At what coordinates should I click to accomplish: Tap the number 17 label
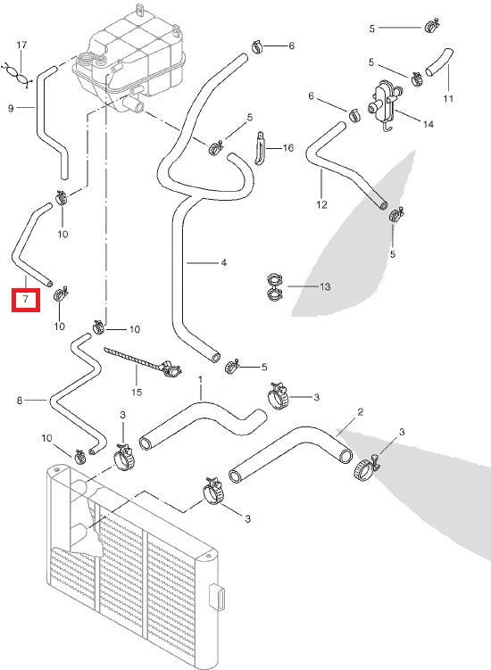pyautogui.click(x=22, y=44)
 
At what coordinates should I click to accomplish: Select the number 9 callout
pyautogui.click(x=11, y=109)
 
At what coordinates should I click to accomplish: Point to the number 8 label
pyautogui.click(x=19, y=401)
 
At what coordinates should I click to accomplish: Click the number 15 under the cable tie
pyautogui.click(x=137, y=392)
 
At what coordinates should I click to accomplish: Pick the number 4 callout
pyautogui.click(x=224, y=262)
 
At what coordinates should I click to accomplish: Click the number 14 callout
pyautogui.click(x=429, y=124)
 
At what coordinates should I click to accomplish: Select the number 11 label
pyautogui.click(x=448, y=97)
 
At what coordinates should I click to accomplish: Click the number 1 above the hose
pyautogui.click(x=201, y=378)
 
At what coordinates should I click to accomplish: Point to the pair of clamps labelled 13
pyautogui.click(x=274, y=286)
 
